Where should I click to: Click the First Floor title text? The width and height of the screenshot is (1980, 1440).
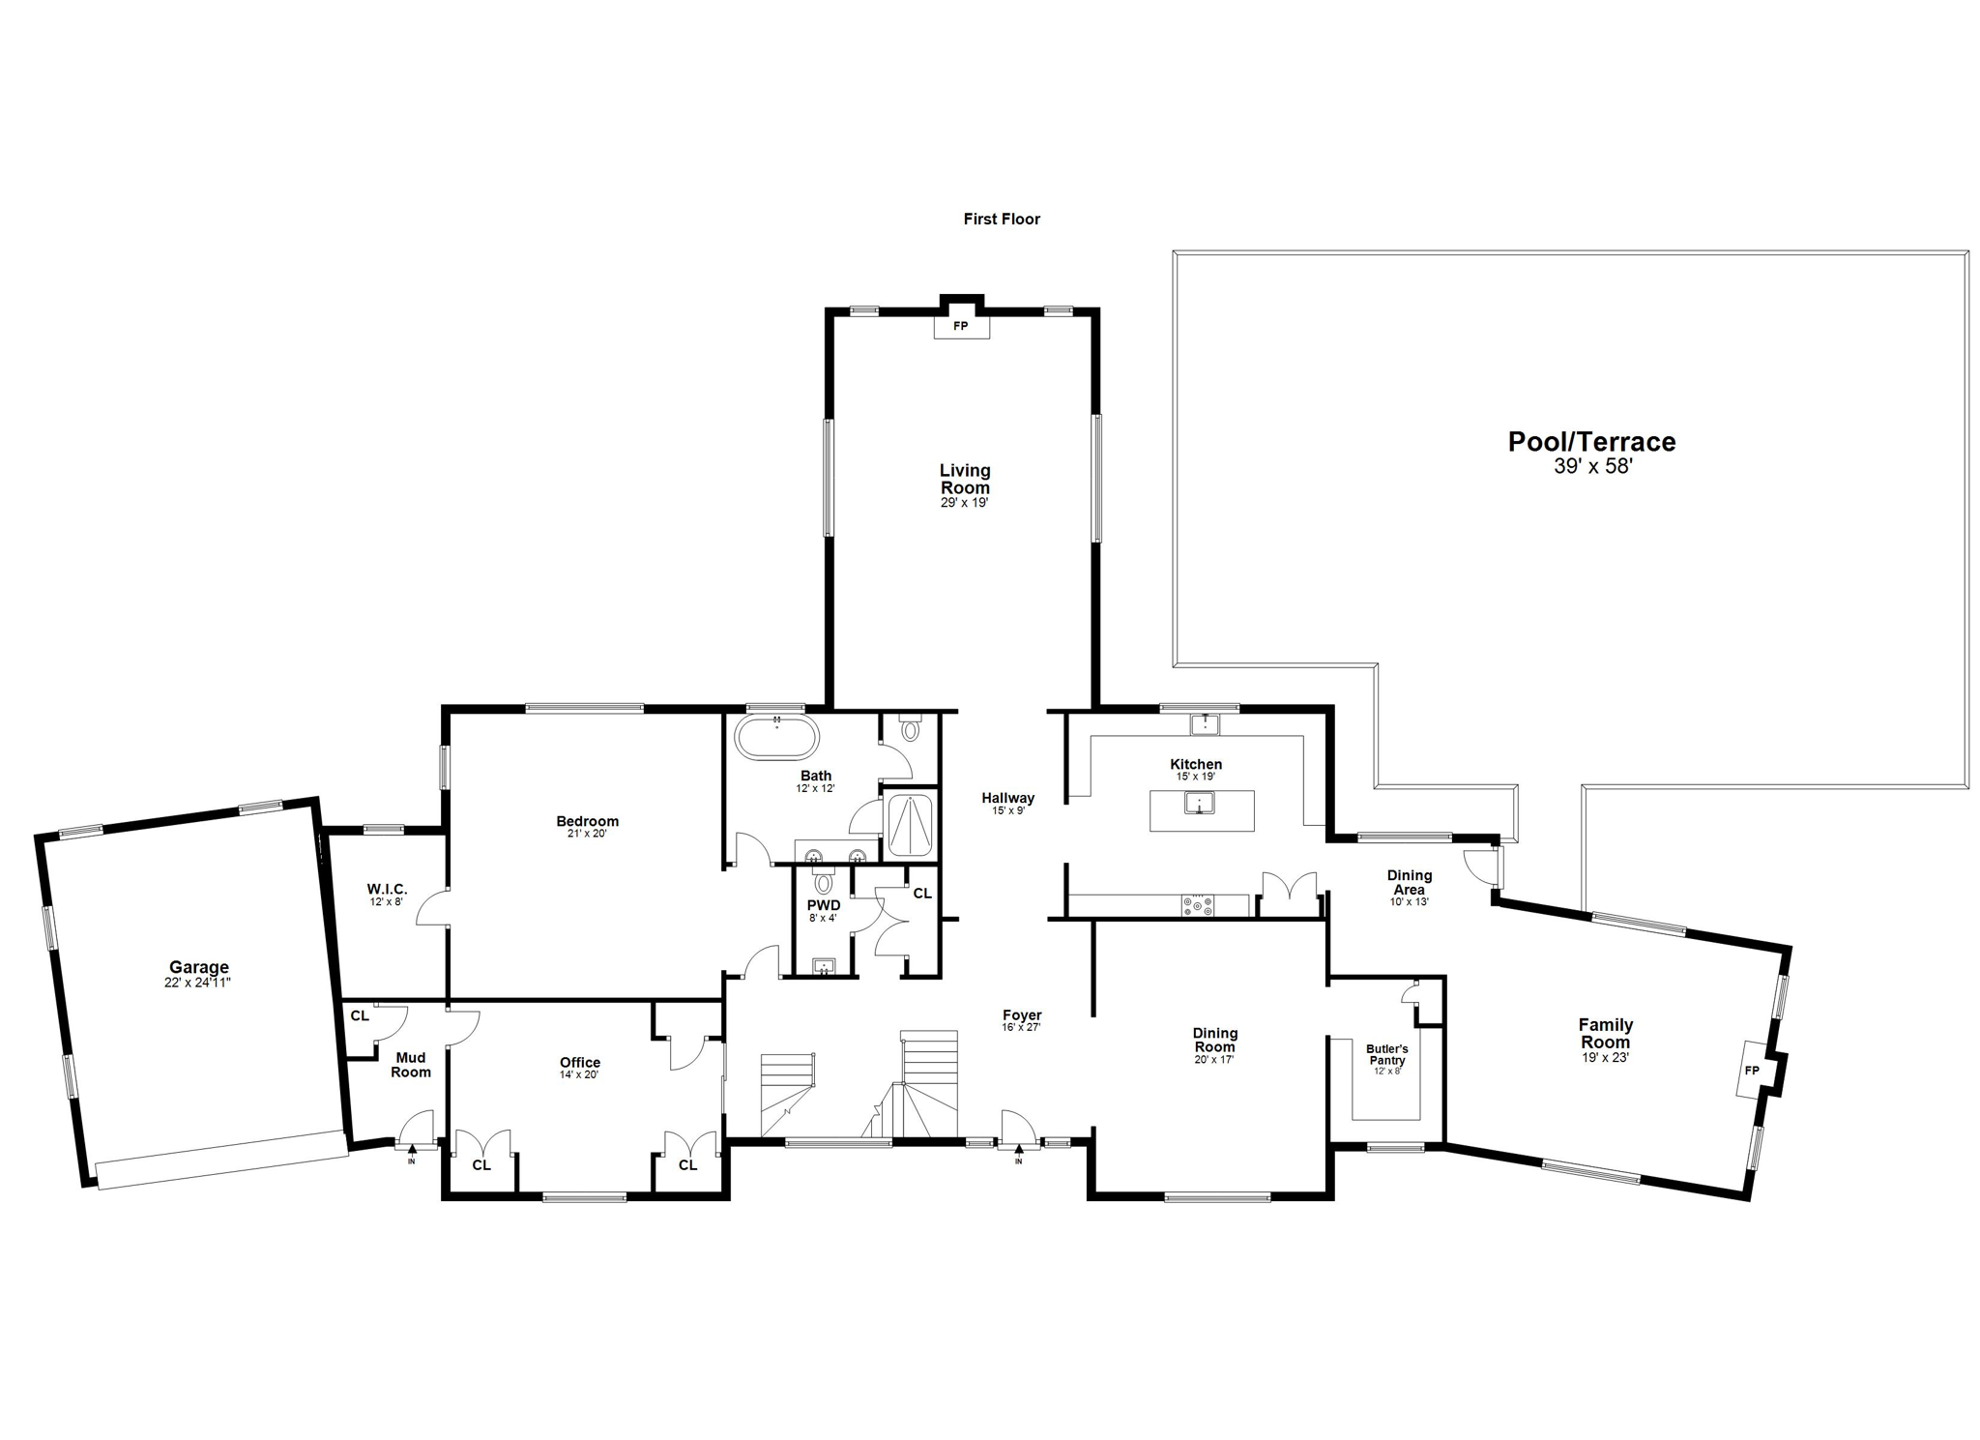[x=1001, y=220]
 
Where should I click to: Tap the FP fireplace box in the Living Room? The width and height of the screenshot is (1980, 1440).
[x=961, y=326]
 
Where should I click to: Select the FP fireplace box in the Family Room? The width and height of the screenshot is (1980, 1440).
[x=1751, y=1070]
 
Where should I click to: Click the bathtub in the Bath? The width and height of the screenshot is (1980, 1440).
[x=776, y=738]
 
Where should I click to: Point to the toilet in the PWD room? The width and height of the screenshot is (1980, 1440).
[x=823, y=882]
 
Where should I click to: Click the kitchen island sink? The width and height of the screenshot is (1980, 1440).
[x=1200, y=803]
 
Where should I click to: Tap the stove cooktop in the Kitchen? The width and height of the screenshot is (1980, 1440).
[x=1198, y=906]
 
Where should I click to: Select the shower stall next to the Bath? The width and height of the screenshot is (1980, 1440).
[x=909, y=825]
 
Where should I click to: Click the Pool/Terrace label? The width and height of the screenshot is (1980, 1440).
[x=1591, y=442]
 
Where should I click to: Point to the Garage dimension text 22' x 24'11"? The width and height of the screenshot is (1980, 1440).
[x=198, y=983]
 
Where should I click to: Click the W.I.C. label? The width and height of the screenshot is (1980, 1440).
[x=387, y=889]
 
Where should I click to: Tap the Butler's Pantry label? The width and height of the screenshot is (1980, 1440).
[x=1386, y=1054]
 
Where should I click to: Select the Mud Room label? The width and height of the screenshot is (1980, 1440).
[x=410, y=1065]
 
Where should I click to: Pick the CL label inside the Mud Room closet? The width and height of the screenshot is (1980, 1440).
[x=359, y=1016]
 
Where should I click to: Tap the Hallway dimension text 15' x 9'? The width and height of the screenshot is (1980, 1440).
[x=1007, y=810]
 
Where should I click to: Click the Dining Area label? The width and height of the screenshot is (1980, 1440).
[x=1409, y=882]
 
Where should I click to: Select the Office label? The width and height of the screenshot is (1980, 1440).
[x=579, y=1062]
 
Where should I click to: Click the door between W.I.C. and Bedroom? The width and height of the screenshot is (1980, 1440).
[x=433, y=908]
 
